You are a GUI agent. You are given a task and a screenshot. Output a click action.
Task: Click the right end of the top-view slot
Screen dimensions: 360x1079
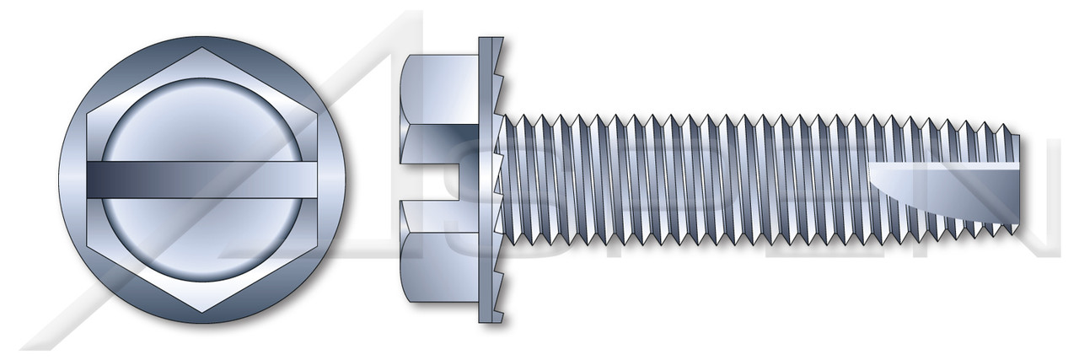[333, 180]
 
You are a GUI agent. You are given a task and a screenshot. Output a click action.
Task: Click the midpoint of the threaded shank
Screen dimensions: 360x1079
[759, 179]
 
